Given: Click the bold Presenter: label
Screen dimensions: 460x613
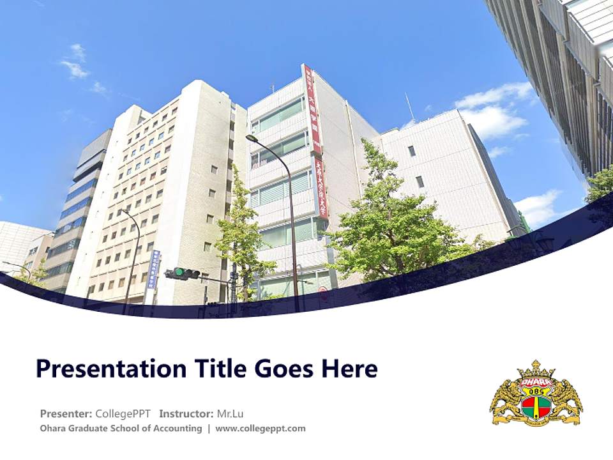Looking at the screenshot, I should tap(66, 413).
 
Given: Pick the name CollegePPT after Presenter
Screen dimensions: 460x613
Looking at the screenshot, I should tap(123, 413).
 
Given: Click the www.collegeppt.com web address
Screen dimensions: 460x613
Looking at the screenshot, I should tap(261, 428).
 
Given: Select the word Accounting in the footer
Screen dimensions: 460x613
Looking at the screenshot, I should tap(176, 428).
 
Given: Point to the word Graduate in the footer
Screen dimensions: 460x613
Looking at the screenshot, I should tap(95, 428).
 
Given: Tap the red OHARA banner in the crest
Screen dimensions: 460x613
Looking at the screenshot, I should tap(536, 382).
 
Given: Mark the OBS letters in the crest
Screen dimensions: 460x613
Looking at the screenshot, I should tap(536, 391).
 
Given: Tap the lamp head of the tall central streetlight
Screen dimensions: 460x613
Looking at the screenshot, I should tap(251, 138).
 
